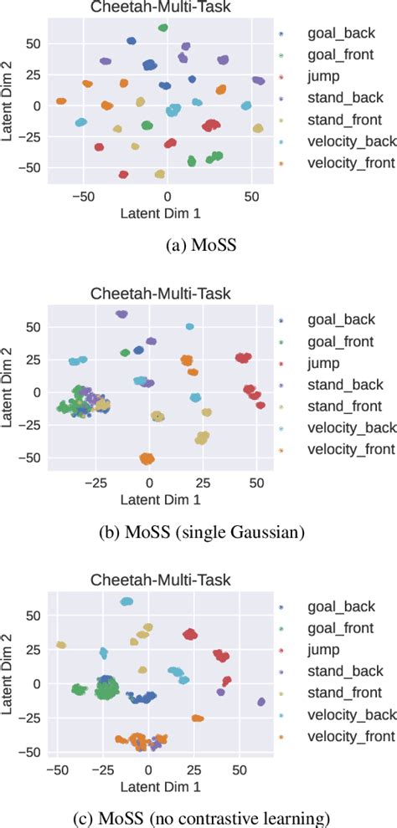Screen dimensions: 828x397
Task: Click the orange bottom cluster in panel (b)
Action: [147, 458]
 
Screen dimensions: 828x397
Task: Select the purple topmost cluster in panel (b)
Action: [122, 314]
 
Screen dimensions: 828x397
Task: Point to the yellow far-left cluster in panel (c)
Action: [60, 645]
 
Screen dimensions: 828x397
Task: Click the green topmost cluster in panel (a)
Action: [163, 28]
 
